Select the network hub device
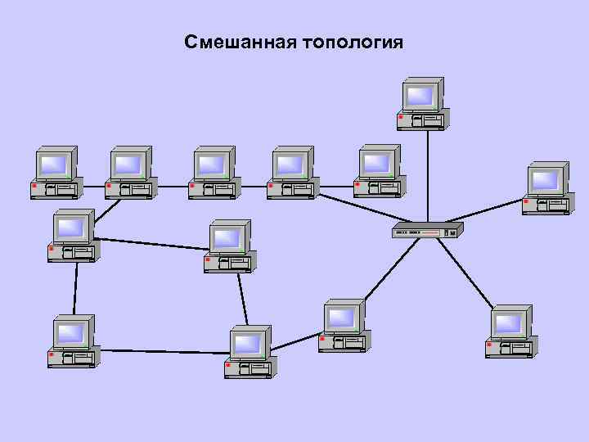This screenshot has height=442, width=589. [x=427, y=230]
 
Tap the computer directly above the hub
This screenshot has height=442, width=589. [x=422, y=105]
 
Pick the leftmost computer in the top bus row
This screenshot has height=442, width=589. [x=56, y=173]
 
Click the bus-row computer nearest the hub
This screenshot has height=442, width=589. [x=379, y=171]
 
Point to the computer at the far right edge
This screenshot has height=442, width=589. [x=547, y=188]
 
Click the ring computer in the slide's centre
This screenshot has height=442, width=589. [x=229, y=246]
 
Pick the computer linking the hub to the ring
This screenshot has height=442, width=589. [x=344, y=326]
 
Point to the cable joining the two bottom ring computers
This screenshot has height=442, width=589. [x=164, y=351]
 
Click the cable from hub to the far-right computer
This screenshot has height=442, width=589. [x=491, y=211]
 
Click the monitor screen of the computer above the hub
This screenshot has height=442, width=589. [x=420, y=96]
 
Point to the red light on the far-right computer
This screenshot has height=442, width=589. [x=526, y=201]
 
